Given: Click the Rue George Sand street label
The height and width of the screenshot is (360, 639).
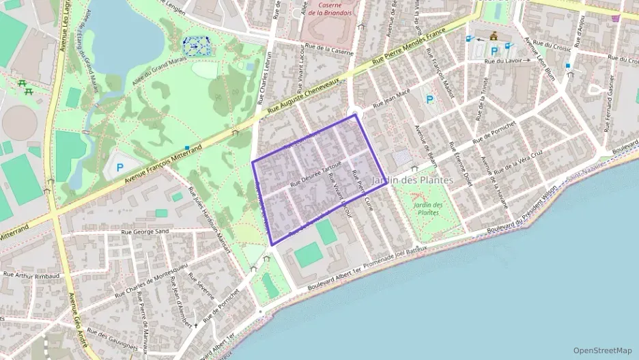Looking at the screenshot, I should tap(144, 232).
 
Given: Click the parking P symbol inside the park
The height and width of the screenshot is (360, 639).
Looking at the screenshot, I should tap(121, 166).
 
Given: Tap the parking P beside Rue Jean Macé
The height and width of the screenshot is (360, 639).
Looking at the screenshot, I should tap(429, 100).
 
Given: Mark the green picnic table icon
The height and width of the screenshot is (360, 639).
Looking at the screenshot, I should tap(23, 85).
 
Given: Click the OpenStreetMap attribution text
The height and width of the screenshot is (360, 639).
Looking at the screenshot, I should tap(602, 350).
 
